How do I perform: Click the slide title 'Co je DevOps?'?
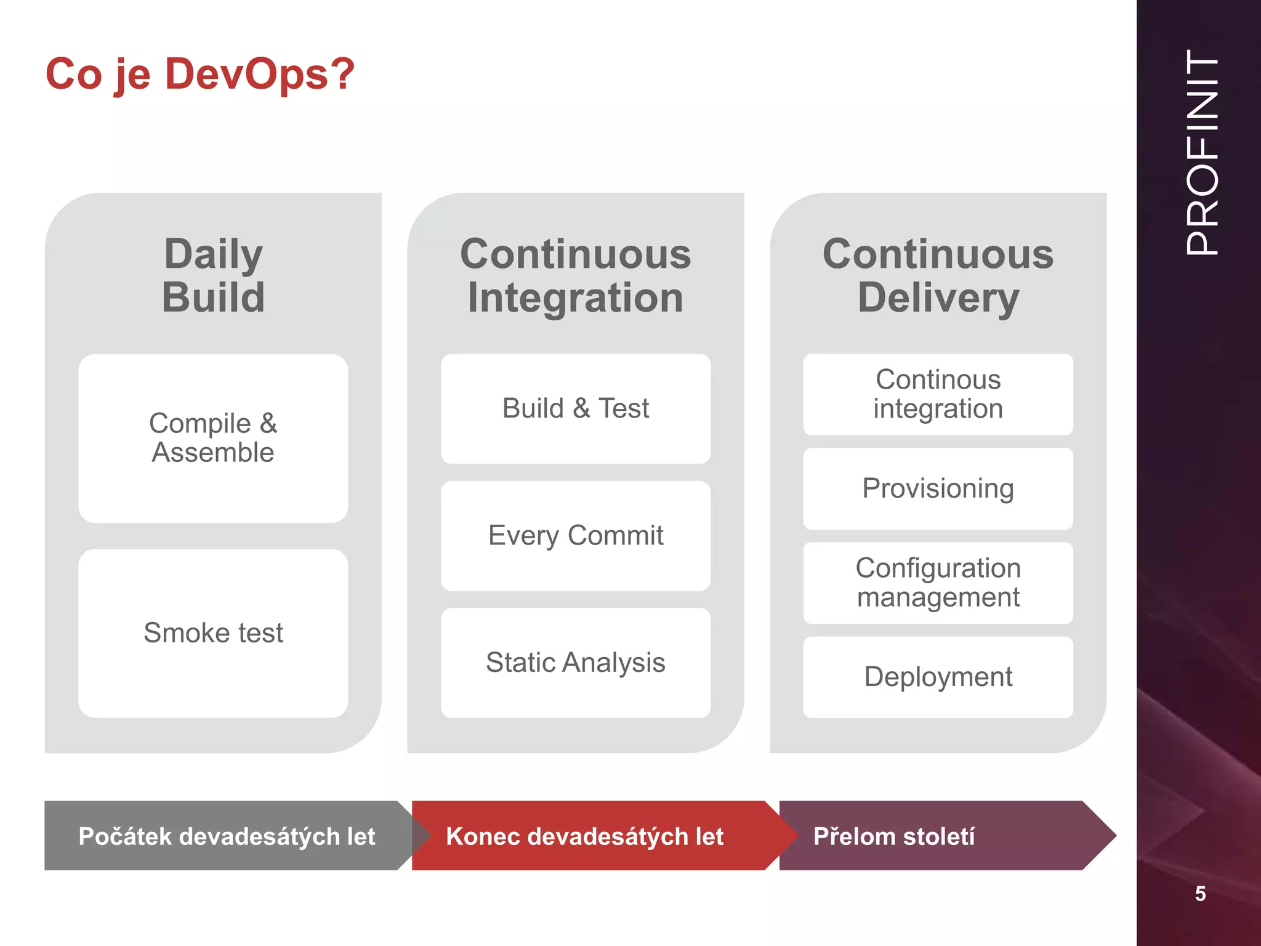[200, 74]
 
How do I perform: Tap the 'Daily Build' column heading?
[213, 275]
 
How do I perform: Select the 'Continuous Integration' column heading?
[575, 275]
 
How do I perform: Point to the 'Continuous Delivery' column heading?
[938, 275]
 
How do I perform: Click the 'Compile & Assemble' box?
[213, 438]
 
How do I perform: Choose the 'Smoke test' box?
[213, 633]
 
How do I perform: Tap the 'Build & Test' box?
[575, 408]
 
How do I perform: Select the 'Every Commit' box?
[575, 535]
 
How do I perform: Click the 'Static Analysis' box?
[575, 663]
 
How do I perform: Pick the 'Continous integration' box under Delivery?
[938, 394]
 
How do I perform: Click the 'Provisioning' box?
[938, 488]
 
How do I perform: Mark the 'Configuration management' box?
[938, 583]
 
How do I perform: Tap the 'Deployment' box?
[938, 677]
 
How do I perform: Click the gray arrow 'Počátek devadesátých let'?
[227, 836]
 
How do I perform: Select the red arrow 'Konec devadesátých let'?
[585, 836]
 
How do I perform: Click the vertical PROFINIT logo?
[1201, 153]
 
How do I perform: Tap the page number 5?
[1200, 894]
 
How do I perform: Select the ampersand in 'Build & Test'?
[581, 408]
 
